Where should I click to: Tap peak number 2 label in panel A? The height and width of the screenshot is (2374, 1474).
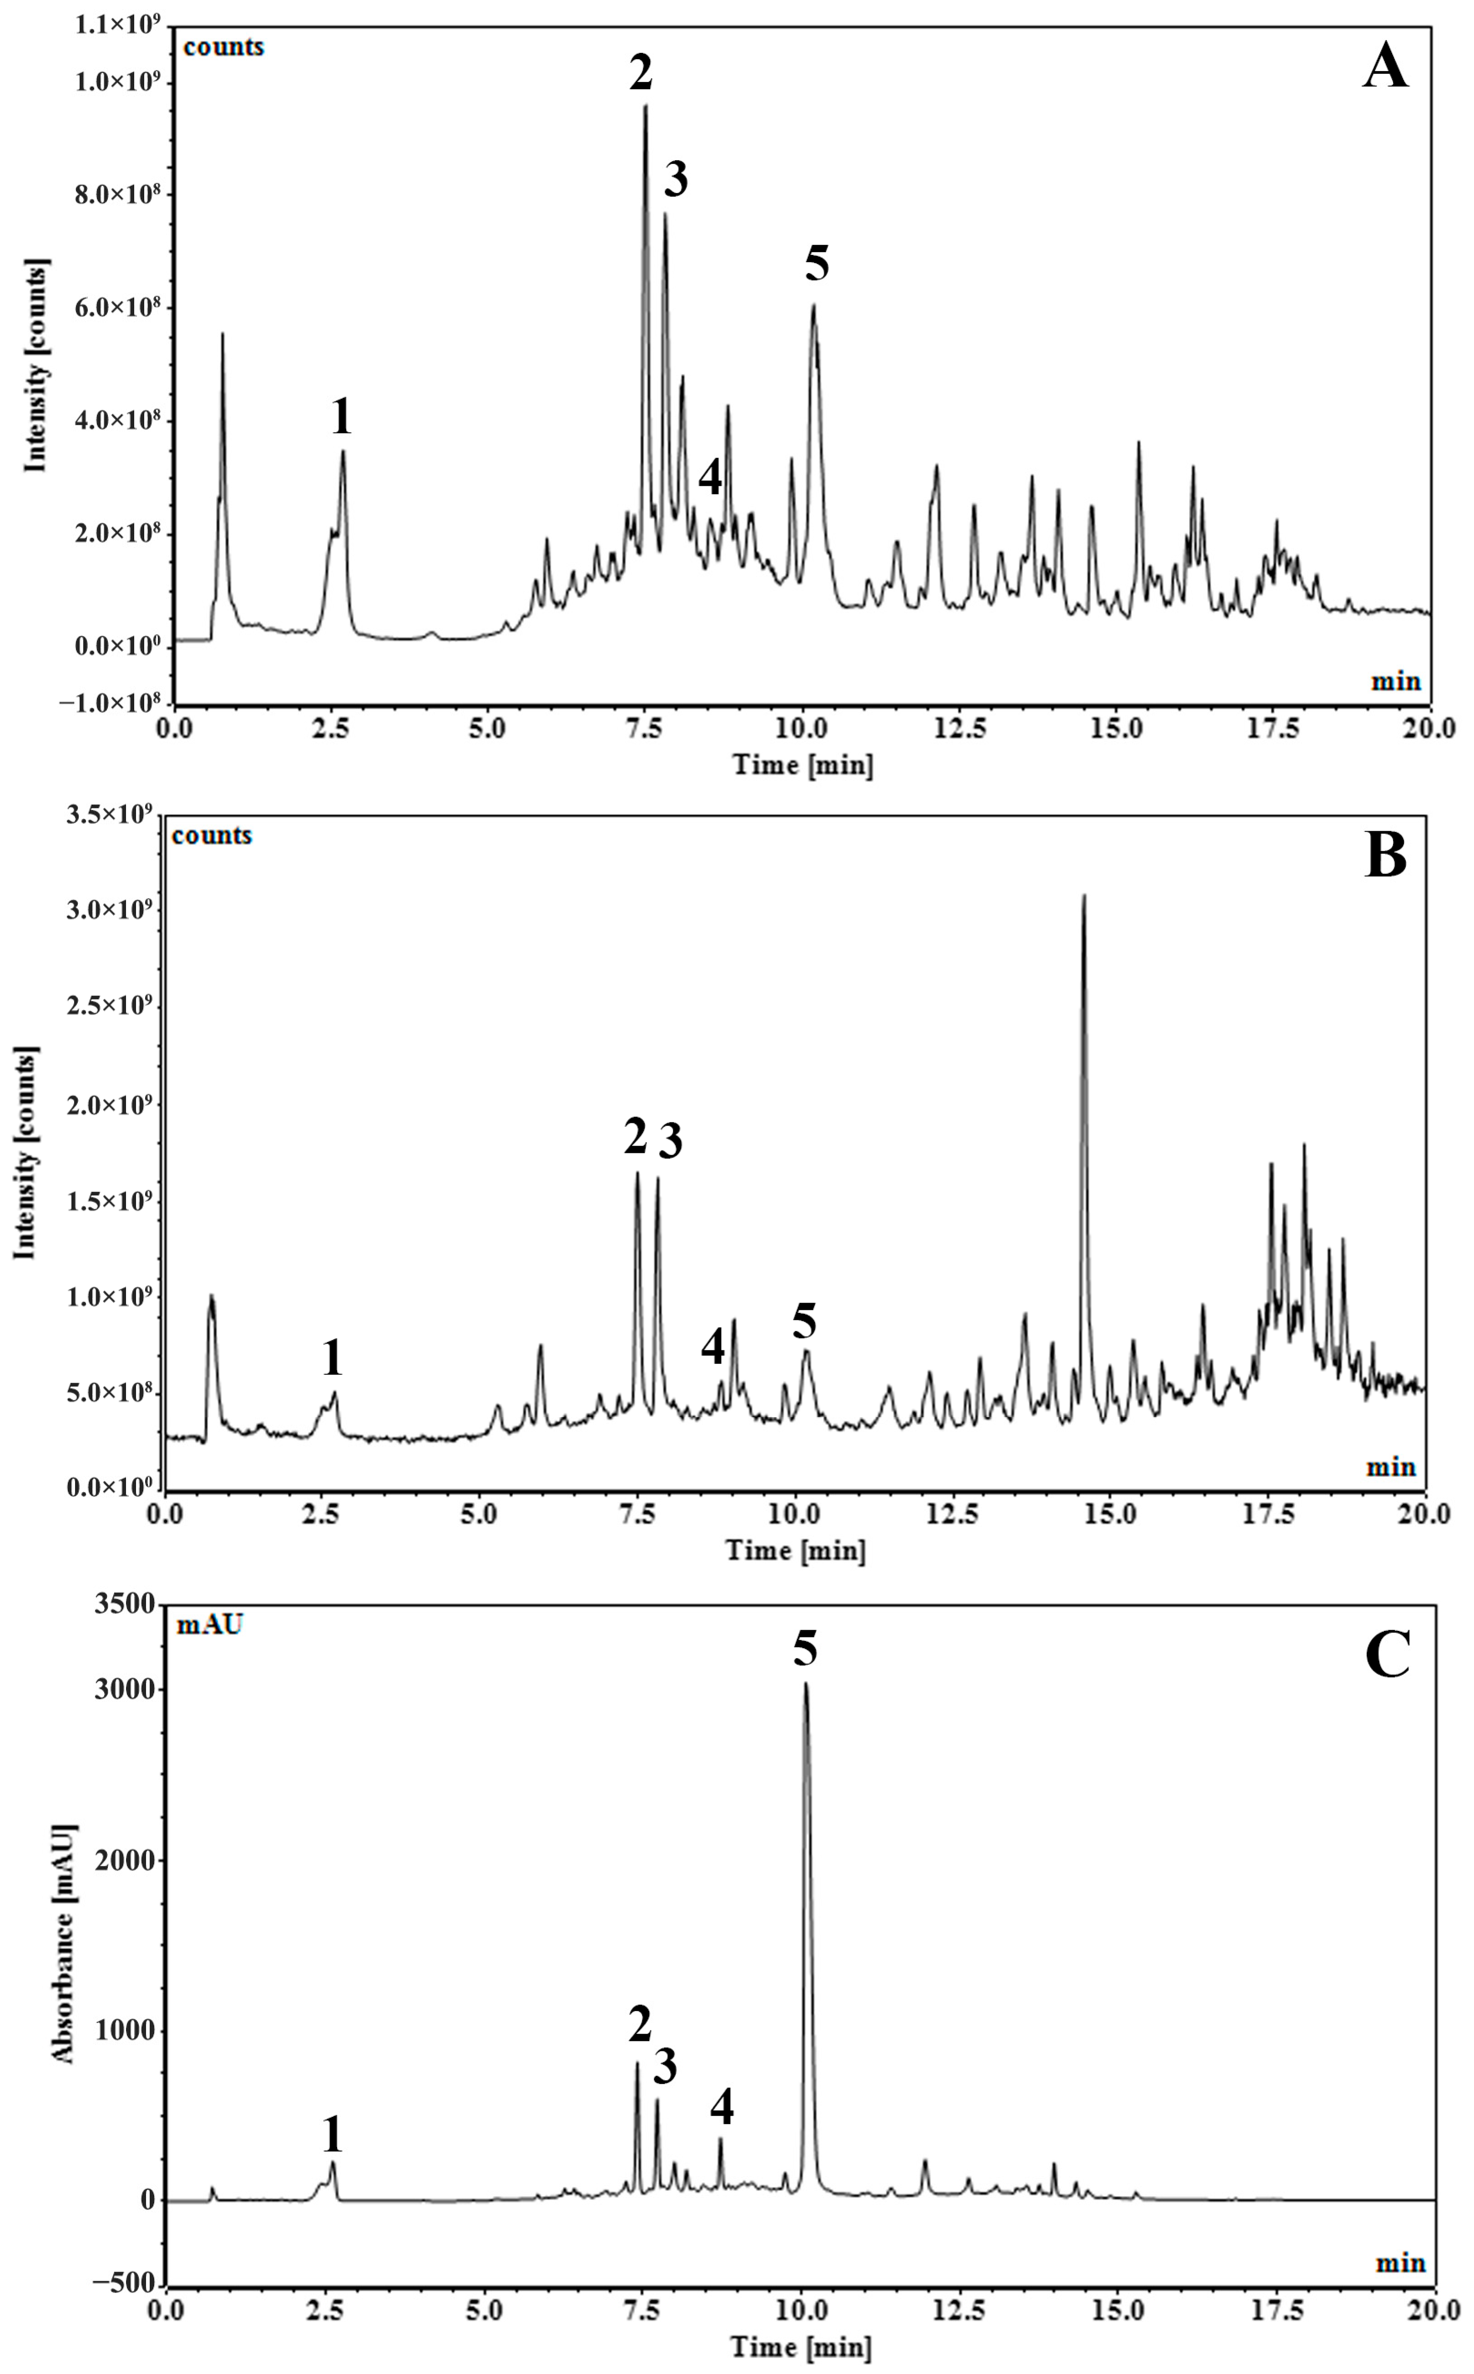click(x=641, y=73)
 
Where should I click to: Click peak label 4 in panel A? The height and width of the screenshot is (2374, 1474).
click(x=711, y=478)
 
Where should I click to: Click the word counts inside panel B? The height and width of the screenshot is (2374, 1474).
click(x=212, y=835)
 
